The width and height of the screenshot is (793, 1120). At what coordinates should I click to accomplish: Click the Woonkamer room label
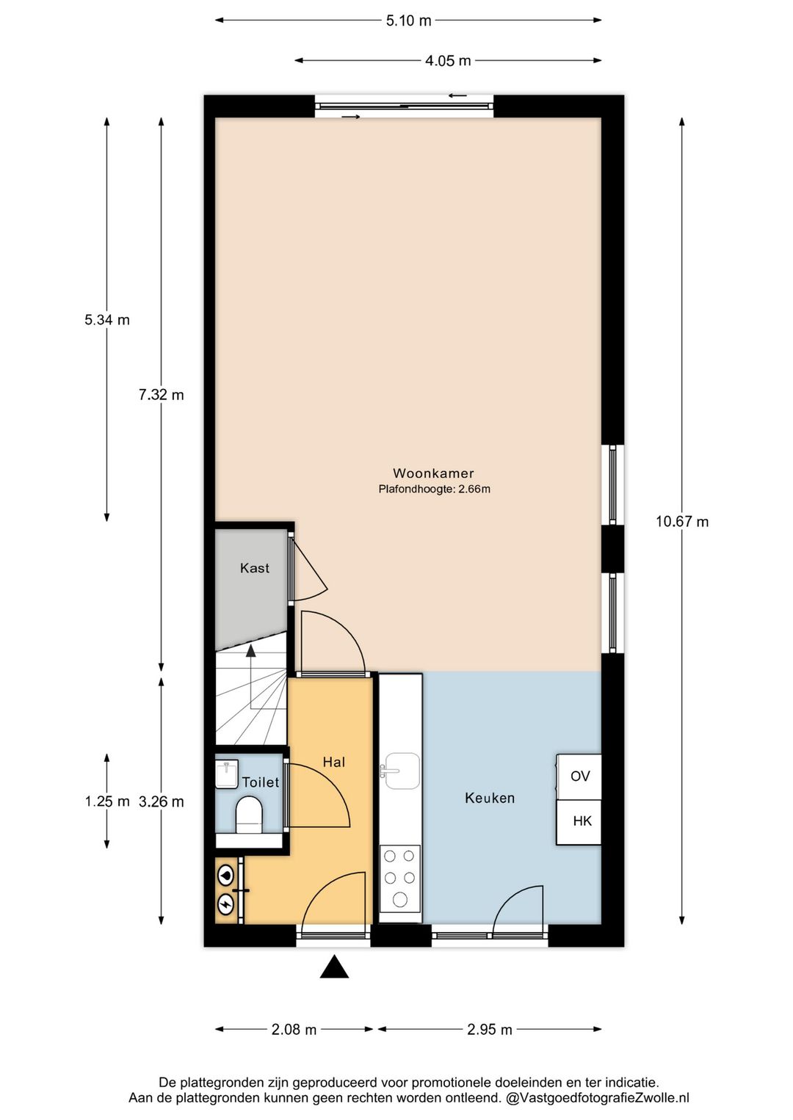[433, 473]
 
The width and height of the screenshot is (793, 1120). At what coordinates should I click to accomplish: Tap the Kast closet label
[254, 568]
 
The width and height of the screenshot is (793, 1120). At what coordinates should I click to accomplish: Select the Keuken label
[490, 798]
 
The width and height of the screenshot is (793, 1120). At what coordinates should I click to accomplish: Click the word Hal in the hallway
[334, 762]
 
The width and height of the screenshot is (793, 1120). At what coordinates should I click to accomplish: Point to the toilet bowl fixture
[249, 815]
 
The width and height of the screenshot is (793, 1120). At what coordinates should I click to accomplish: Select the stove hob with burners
[400, 878]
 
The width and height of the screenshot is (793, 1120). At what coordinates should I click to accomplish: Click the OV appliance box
[579, 777]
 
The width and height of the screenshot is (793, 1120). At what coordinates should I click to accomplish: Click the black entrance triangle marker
[334, 967]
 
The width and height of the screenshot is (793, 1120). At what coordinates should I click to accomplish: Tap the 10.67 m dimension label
[682, 522]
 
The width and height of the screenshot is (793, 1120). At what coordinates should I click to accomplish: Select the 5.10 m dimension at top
[409, 21]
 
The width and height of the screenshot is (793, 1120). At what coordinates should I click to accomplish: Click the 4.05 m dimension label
[448, 61]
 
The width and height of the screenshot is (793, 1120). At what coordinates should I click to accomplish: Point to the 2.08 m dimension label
[294, 1030]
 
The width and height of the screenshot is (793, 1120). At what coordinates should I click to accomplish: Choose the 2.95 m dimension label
[490, 1030]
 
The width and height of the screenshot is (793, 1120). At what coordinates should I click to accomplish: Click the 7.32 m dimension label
[162, 395]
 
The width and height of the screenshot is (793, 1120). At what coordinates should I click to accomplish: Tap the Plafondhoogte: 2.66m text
[434, 489]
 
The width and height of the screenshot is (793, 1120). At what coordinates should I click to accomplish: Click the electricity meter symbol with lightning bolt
[225, 902]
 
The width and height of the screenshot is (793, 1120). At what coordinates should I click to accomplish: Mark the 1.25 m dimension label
[107, 801]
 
